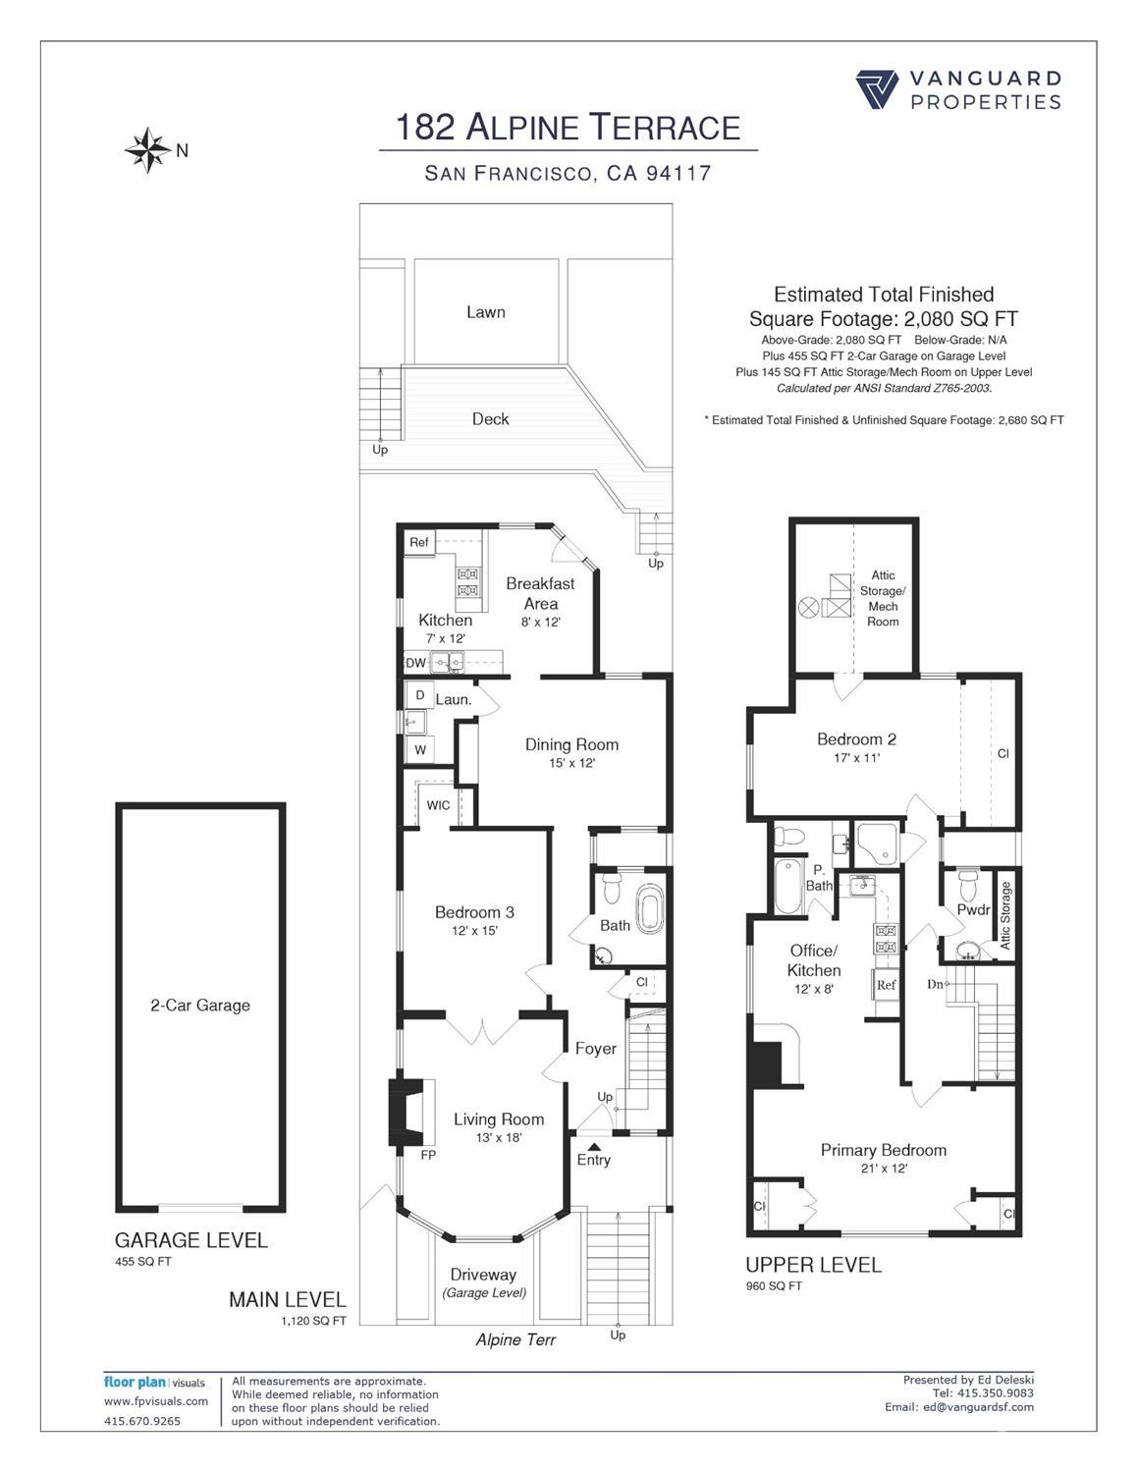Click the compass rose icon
coord(147,149)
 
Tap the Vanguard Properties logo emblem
coord(877,89)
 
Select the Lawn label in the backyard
coord(486,312)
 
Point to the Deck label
coord(490,418)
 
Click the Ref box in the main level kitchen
coord(419,543)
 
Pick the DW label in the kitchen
coord(415,663)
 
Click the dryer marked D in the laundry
coord(420,695)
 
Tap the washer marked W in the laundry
coord(420,750)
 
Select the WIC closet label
coord(438,805)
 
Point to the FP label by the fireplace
coord(428,1155)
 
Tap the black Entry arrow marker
coord(594,1146)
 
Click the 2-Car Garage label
coord(200,1006)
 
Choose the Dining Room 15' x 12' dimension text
coord(571,763)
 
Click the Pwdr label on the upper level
coord(973,909)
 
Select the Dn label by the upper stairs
coord(935,984)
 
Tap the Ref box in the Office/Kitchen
coord(886,986)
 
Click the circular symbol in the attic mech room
coord(809,606)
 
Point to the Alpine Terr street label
coord(515,1339)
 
